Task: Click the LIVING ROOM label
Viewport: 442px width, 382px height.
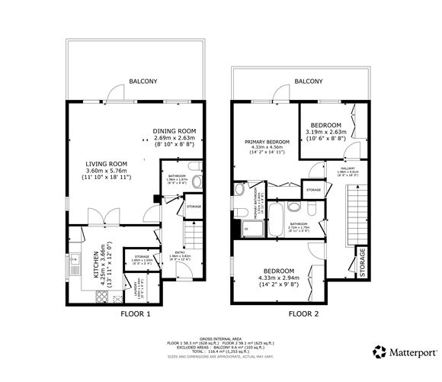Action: [x=105, y=163]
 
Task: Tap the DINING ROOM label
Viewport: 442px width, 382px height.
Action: [x=175, y=130]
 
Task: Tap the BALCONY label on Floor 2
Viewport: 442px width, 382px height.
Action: [x=309, y=81]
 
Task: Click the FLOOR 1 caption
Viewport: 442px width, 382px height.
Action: [x=136, y=313]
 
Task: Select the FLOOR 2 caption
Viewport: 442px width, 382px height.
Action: [x=303, y=313]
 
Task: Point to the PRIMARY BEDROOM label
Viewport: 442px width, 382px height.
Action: [x=267, y=142]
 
